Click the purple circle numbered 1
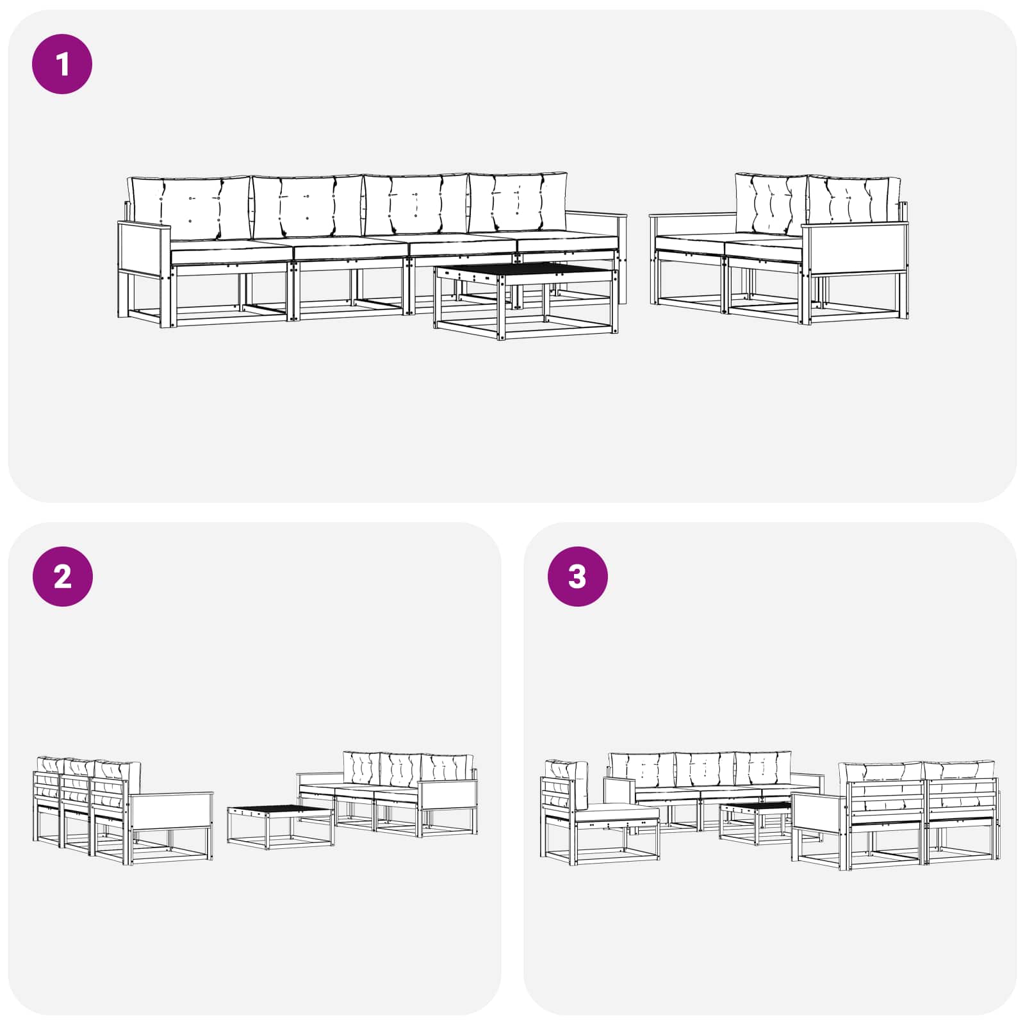pyautogui.click(x=62, y=64)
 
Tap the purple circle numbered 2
pyautogui.click(x=62, y=577)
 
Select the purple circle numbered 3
pyautogui.click(x=577, y=577)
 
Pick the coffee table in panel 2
pyautogui.click(x=281, y=826)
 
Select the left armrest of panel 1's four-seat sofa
pyautogui.click(x=145, y=250)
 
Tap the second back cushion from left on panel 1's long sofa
pyautogui.click(x=307, y=206)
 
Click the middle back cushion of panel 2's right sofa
pyautogui.click(x=400, y=772)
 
